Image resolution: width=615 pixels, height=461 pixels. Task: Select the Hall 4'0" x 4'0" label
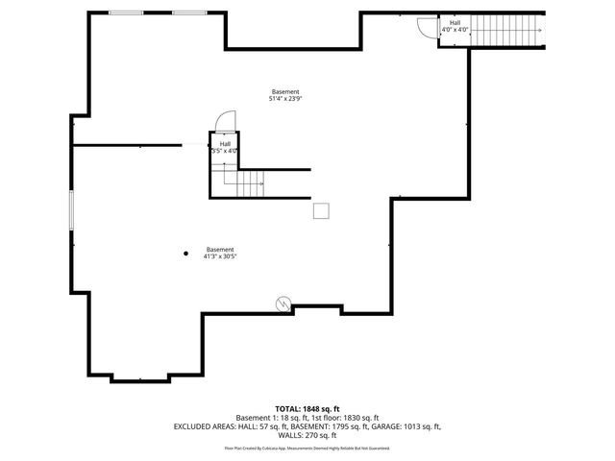pos(455,27)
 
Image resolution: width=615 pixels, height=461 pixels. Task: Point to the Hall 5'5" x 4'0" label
pos(224,147)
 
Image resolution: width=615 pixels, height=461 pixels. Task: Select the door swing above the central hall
pos(223,120)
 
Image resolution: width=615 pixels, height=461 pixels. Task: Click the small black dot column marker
pos(186,254)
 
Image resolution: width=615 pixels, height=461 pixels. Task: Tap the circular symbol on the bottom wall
pos(283,304)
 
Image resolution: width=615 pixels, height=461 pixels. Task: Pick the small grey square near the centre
pos(322,211)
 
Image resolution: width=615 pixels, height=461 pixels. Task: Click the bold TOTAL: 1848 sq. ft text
pos(307,409)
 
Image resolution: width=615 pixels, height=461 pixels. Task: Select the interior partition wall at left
pos(128,146)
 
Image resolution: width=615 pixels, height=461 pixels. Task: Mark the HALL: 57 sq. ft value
pos(262,425)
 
